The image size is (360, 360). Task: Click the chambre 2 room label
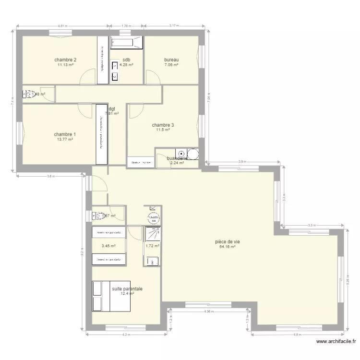point(66,60)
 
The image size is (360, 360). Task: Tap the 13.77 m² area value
point(65,139)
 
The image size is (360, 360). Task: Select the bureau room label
point(171,60)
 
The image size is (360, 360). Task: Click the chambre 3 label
point(163,125)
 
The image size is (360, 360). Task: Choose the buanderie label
point(177,158)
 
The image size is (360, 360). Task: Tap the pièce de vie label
point(228,242)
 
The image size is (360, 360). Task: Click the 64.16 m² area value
point(228,247)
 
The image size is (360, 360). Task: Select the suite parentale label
point(127,289)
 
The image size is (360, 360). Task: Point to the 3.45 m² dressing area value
point(108,246)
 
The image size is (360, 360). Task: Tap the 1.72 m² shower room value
point(152,246)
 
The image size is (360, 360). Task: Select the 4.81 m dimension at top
point(62,26)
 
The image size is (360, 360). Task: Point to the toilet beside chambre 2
point(30,94)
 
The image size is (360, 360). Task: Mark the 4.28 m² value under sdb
point(126,65)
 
